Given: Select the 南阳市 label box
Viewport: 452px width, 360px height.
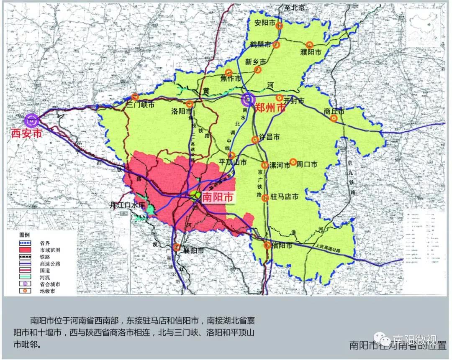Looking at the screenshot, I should click(217, 197).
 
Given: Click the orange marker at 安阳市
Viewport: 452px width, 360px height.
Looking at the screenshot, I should click(279, 26).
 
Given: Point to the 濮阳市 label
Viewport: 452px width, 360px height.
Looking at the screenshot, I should click(311, 53).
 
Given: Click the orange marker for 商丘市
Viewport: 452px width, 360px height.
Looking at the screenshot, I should click(334, 118).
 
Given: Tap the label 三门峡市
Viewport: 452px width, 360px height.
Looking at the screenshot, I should click(141, 104).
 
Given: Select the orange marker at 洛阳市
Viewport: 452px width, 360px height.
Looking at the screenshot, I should click(190, 104).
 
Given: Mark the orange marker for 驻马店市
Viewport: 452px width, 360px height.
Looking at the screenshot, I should click(265, 198).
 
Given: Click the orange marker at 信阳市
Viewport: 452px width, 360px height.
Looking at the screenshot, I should click(267, 245).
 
